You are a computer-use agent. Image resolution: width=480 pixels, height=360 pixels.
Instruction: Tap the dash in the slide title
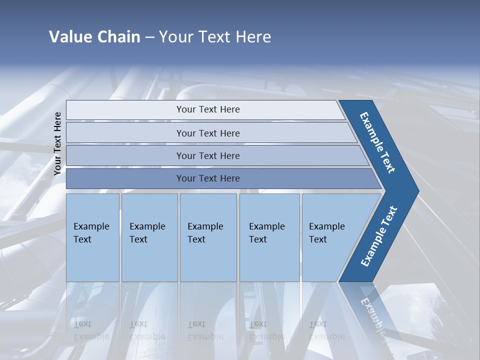[149, 37]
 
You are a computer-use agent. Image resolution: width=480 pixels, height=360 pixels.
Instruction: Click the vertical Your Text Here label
[57, 143]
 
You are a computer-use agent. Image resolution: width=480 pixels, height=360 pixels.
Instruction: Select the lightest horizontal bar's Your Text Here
[208, 109]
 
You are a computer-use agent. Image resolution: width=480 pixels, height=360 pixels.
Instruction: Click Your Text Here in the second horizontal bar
[208, 133]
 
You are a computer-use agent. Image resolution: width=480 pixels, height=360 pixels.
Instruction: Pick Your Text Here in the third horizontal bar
[208, 155]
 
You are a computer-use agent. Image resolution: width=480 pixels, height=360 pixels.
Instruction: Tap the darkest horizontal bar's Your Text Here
[208, 178]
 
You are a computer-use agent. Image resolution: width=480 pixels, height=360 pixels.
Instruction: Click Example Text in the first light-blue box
[91, 233]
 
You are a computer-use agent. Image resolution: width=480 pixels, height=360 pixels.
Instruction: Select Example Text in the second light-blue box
[147, 233]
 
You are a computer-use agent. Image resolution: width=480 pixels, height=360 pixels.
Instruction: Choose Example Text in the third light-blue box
[205, 233]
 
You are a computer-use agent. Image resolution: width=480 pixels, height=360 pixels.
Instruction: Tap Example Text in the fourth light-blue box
[266, 233]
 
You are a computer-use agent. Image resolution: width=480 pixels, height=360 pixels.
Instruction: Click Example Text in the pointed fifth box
[326, 233]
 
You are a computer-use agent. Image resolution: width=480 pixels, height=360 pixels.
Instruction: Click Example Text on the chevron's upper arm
[377, 142]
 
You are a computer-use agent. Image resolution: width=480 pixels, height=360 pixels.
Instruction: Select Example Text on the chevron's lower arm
[378, 236]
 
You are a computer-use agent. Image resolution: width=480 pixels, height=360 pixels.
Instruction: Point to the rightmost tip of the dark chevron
[417, 191]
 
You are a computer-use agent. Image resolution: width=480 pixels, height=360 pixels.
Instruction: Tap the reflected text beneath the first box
[91, 330]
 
